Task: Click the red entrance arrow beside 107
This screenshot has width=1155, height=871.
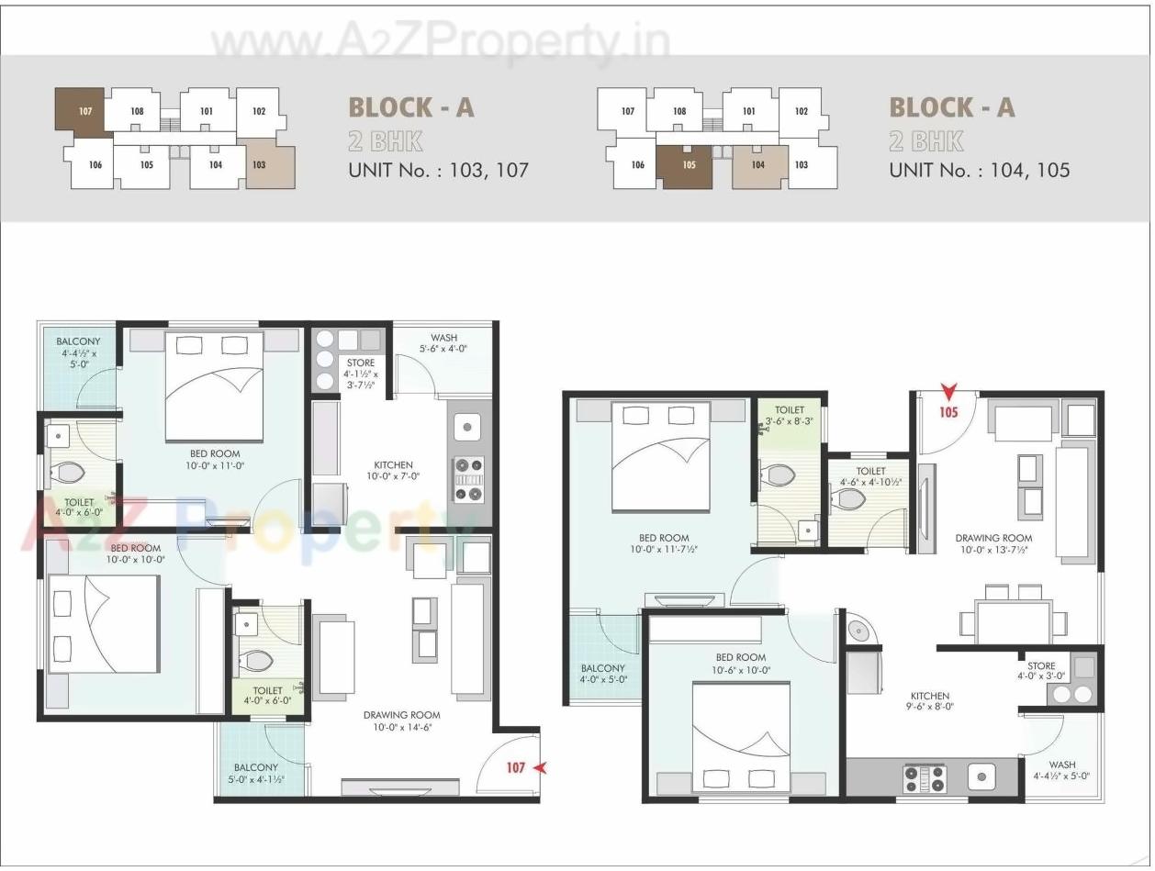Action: (x=540, y=767)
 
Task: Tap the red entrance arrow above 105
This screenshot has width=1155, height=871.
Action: (x=948, y=393)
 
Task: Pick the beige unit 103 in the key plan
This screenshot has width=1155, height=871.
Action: (x=270, y=164)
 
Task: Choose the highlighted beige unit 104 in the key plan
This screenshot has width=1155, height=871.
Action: (x=758, y=166)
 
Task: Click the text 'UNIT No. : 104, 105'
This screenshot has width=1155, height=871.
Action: (x=979, y=170)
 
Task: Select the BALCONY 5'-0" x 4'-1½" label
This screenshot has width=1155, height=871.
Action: (x=256, y=774)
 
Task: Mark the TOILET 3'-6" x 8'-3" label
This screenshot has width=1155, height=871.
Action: (x=790, y=417)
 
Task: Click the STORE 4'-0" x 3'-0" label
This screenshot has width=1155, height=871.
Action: (x=1041, y=671)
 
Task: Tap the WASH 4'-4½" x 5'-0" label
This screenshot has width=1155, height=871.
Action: (x=1062, y=770)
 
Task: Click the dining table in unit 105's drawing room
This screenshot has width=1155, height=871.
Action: (x=1014, y=622)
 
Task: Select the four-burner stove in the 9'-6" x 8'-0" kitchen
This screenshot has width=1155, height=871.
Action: (x=925, y=778)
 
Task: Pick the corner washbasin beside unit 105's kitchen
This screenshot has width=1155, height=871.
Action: (x=858, y=631)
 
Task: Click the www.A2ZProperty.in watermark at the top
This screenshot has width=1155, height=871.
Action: (x=441, y=41)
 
